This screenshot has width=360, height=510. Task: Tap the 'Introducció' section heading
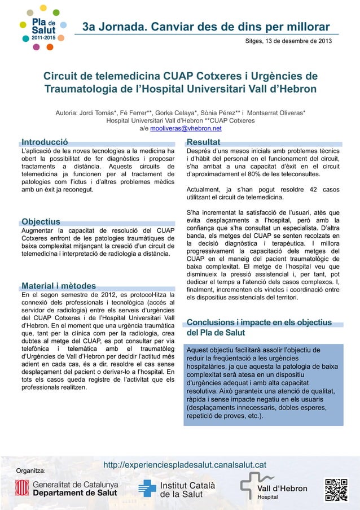[45, 142]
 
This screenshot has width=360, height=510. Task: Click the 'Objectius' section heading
[41, 221]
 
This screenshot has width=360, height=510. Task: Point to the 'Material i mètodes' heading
[58, 286]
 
